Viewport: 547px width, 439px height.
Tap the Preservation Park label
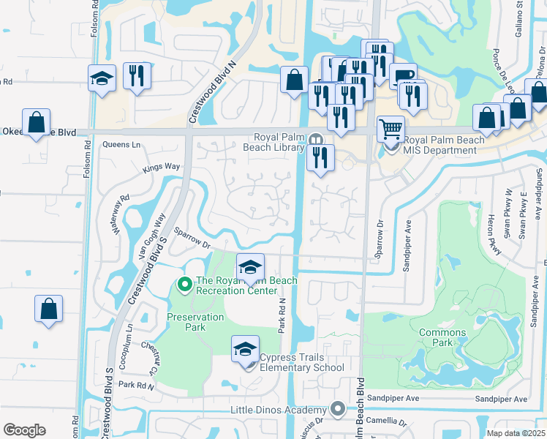pyautogui.click(x=195, y=322)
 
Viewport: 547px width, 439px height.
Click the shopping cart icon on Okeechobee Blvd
pyautogui.click(x=391, y=130)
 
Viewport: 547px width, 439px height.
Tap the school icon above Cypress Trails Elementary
pyautogui.click(x=246, y=348)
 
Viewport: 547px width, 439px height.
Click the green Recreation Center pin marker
pyautogui.click(x=185, y=283)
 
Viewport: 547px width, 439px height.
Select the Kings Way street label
pyautogui.click(x=161, y=167)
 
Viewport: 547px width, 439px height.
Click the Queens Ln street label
pyautogui.click(x=121, y=145)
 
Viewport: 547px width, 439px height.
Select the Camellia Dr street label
pyautogui.click(x=388, y=422)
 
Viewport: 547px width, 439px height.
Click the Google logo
pyautogui.click(x=24, y=429)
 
